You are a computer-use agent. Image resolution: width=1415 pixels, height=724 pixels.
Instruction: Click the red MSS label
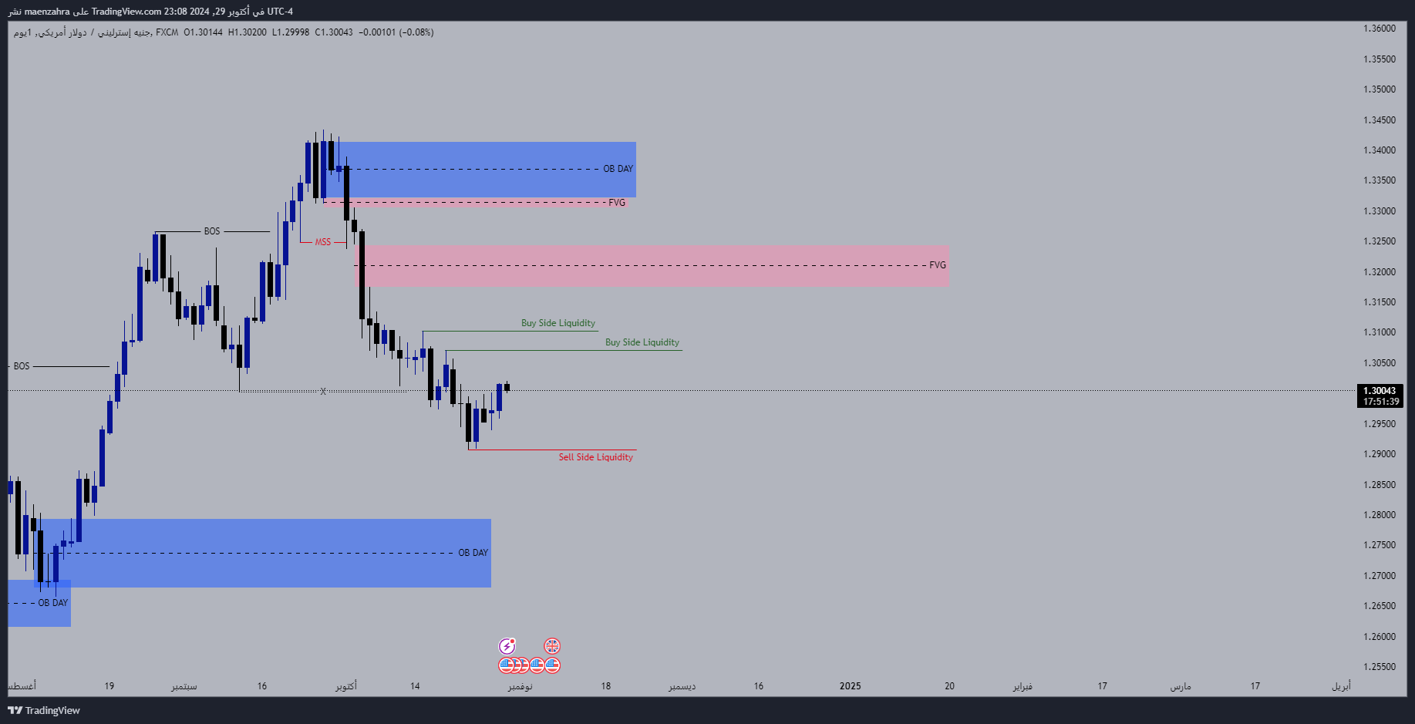322,242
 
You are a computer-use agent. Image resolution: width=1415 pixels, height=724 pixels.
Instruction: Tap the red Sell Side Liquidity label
595,457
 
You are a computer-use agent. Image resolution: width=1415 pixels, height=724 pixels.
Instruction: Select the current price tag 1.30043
1380,391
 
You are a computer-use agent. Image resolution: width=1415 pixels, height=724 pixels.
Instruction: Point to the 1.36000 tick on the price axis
1380,29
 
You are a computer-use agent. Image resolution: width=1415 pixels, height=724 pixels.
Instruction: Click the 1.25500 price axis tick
1380,667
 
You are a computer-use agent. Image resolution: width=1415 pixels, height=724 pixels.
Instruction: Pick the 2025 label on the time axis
850,686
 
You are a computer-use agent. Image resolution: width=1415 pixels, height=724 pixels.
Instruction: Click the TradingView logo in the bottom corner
44,710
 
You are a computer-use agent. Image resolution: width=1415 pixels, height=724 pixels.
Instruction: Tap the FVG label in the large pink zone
937,265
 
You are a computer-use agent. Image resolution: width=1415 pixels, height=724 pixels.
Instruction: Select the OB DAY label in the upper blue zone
618,169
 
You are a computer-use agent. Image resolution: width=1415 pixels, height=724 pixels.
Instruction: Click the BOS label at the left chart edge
22,366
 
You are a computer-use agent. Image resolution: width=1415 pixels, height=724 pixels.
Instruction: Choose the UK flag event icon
552,646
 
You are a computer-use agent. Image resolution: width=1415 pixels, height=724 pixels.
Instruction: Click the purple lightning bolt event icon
507,646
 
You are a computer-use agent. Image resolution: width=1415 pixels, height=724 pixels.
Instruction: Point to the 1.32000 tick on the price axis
1380,272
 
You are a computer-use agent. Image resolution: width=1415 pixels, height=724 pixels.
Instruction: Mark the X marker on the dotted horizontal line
323,392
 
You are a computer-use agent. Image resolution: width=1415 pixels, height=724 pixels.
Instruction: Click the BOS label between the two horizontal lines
212,231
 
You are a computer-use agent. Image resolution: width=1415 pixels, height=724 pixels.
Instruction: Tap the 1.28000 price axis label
1380,515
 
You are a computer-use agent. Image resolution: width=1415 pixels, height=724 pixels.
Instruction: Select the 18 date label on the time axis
605,686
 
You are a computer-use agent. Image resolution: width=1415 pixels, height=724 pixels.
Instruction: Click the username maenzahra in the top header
47,12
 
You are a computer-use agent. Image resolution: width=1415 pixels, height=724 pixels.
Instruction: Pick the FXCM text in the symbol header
167,32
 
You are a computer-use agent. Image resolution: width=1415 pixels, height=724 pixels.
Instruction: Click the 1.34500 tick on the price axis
1380,120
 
